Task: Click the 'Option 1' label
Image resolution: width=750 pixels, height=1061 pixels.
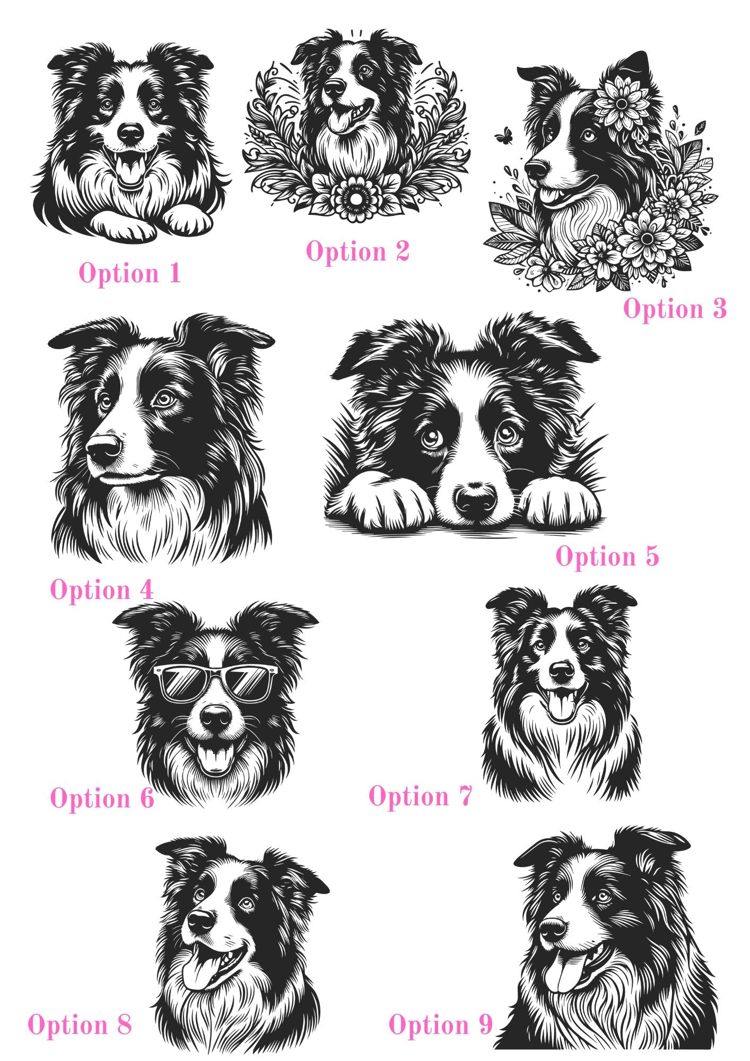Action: [x=130, y=274]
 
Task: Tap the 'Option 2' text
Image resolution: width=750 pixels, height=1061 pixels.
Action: [x=357, y=251]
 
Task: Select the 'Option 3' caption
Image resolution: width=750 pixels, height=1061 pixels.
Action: [x=675, y=309]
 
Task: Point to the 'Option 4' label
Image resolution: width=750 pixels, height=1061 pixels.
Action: [x=102, y=590]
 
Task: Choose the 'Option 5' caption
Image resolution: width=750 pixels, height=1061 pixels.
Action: [x=607, y=556]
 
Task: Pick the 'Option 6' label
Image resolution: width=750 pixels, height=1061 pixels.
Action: [x=102, y=798]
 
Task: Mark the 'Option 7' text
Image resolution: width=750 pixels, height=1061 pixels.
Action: [x=420, y=796]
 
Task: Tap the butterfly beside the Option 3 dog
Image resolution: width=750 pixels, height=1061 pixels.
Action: [x=501, y=136]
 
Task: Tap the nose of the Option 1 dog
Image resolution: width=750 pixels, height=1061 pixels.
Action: [x=130, y=133]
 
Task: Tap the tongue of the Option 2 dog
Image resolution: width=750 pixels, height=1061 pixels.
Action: [x=338, y=121]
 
